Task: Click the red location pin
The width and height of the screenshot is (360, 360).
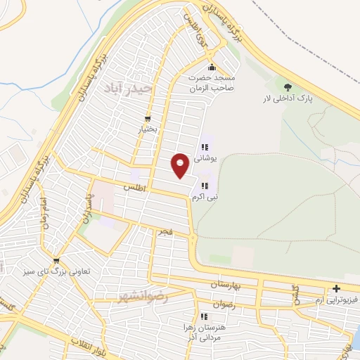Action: click(180, 165)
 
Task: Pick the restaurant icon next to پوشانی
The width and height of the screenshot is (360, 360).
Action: click(205, 148)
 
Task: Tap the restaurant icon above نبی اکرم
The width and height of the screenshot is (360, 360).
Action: click(205, 186)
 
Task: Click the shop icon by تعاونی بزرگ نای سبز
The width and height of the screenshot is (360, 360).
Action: click(56, 260)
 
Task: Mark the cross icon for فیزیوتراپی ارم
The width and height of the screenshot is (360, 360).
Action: click(337, 288)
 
